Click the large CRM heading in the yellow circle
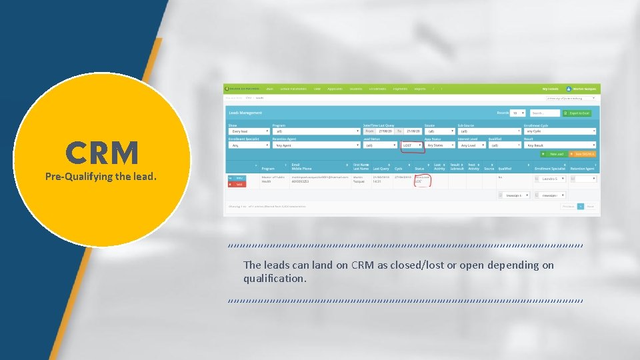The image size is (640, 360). tap(102, 153)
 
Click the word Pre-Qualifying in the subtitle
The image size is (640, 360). tap(73, 177)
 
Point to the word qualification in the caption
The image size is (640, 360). tap(275, 278)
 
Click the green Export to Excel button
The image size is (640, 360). tap(577, 113)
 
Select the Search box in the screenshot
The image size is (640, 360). tap(545, 113)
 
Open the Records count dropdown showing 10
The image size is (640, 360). tap(517, 113)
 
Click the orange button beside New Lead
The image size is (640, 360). tap(585, 154)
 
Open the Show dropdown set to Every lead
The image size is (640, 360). tap(248, 131)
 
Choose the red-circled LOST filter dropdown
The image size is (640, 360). tap(412, 145)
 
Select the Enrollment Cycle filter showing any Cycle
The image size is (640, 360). tap(560, 131)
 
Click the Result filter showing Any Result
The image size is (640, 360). tap(560, 145)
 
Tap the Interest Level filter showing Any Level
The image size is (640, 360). tap(473, 145)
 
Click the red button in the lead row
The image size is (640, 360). tap(235, 184)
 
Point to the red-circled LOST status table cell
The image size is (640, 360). tap(421, 179)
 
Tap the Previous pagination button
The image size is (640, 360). tap(567, 207)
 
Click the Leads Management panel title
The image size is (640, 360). tap(247, 113)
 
